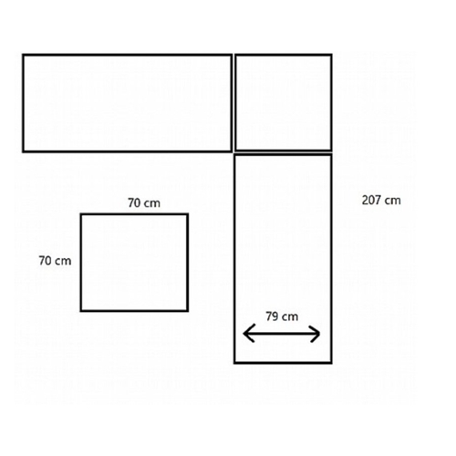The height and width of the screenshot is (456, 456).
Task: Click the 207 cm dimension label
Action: (x=381, y=201)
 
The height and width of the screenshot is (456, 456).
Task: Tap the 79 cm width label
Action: (x=282, y=316)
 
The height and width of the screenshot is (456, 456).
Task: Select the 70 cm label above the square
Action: (x=144, y=202)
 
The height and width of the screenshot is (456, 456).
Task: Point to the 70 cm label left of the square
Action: (x=55, y=261)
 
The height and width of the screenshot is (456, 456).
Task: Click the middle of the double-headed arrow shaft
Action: (x=282, y=334)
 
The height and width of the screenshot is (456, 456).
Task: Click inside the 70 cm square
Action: (x=134, y=263)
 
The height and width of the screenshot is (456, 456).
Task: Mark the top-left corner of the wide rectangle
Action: (x=23, y=55)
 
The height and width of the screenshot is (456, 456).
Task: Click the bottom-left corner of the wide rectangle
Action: (x=23, y=151)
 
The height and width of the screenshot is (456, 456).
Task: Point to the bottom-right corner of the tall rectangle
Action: (x=331, y=363)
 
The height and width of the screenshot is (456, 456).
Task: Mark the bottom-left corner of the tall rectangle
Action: (x=234, y=363)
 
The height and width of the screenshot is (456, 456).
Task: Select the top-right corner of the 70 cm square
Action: (x=188, y=214)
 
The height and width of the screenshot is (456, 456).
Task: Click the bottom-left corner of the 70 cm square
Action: (x=81, y=311)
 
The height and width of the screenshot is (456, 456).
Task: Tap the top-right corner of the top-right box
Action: (x=331, y=55)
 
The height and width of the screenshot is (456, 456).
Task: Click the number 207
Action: (x=372, y=201)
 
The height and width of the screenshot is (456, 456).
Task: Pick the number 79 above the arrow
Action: (x=272, y=316)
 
